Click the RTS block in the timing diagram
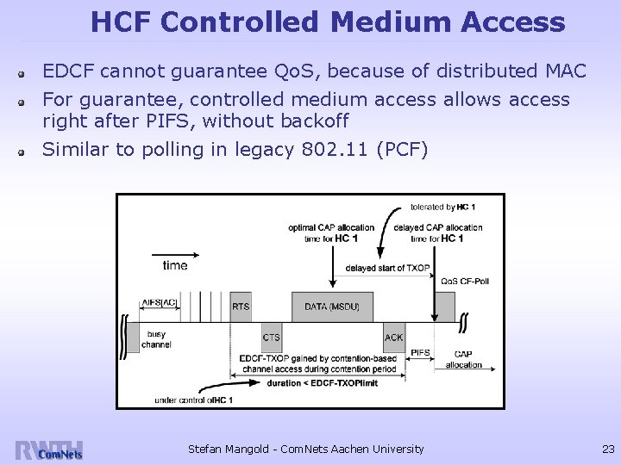tap(241, 306)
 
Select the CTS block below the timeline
tap(272, 338)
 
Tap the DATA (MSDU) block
tap(332, 306)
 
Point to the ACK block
tap(393, 338)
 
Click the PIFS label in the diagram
tap(421, 352)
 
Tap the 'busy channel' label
tap(157, 339)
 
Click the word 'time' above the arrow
tap(174, 265)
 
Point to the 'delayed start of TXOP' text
tap(387, 268)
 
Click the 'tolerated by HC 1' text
tap(444, 208)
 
